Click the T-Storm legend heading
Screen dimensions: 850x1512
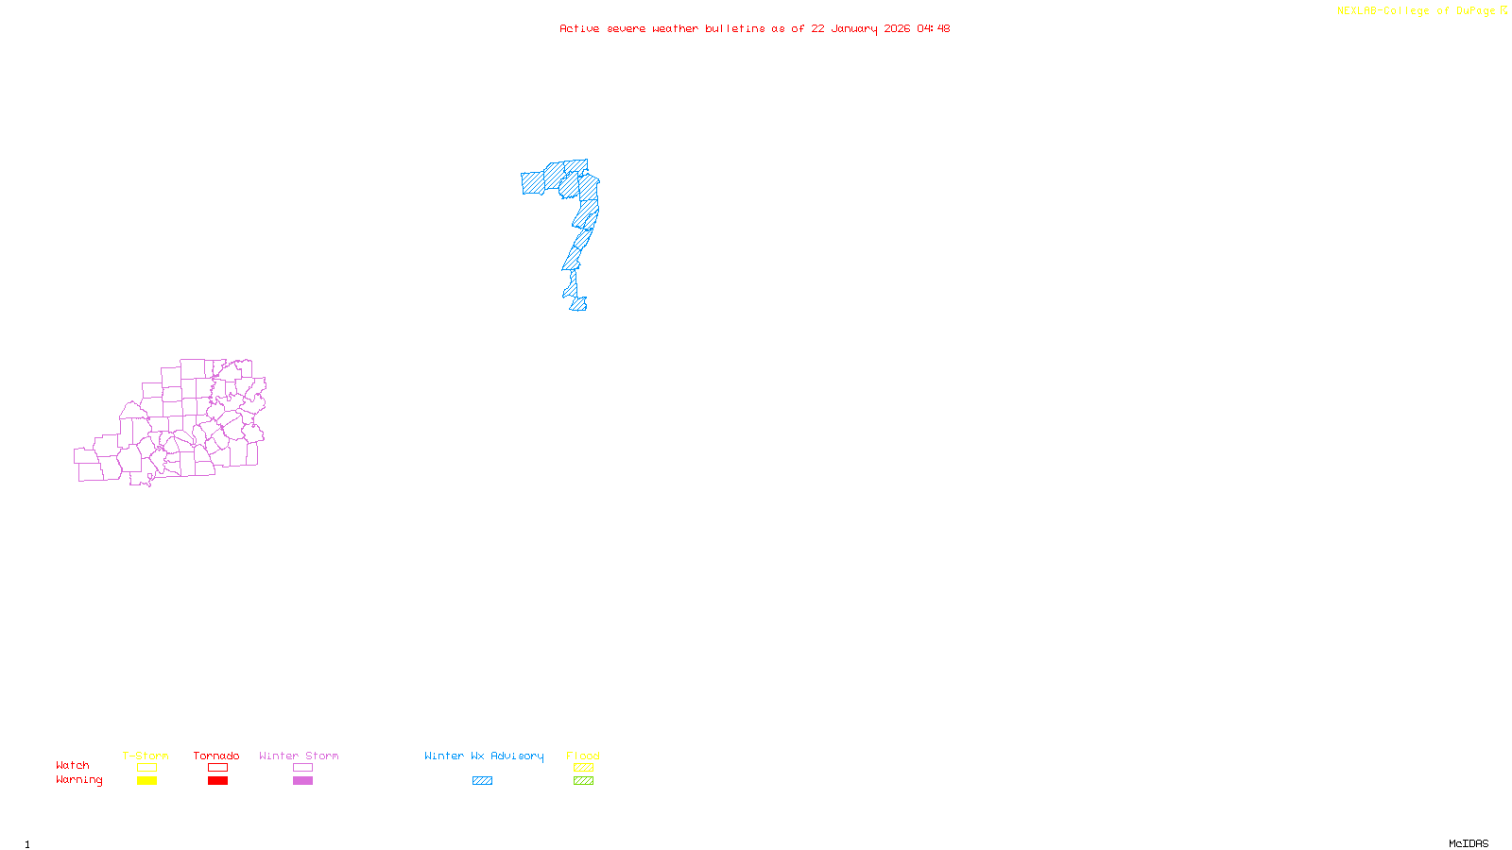[x=146, y=756]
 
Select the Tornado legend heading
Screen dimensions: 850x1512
[x=216, y=756]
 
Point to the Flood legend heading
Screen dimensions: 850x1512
[x=583, y=756]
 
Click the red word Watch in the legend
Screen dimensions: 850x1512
[x=73, y=765]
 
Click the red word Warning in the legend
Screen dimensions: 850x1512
[x=79, y=780]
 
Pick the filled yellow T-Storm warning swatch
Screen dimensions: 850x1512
[x=146, y=781]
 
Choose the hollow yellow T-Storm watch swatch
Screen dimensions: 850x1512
[x=146, y=768]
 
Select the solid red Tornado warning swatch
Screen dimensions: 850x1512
[x=218, y=781]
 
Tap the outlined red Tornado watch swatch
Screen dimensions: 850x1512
[x=218, y=768]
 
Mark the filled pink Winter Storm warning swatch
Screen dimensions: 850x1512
[x=302, y=781]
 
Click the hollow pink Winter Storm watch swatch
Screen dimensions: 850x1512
[x=302, y=768]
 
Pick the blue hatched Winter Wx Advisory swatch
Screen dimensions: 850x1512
[x=482, y=781]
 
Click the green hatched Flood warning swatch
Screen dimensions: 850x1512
[x=584, y=781]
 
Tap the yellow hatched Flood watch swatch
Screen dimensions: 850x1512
[x=584, y=768]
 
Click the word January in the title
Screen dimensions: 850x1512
[x=854, y=28]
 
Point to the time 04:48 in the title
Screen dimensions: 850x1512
[x=934, y=28]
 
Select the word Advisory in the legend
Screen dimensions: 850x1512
[x=517, y=756]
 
